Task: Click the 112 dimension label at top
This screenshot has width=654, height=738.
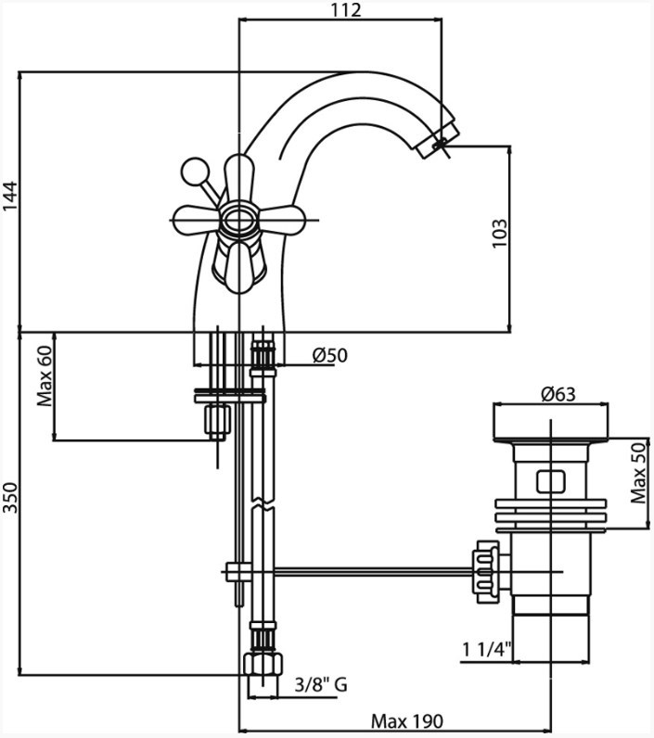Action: tap(345, 10)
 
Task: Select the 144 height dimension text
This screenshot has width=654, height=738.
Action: tap(10, 198)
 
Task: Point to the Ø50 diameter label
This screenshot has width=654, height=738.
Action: tap(329, 354)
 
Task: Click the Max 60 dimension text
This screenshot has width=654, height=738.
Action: tap(45, 377)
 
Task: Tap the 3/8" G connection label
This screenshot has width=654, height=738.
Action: tap(320, 685)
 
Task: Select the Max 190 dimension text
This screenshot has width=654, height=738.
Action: tap(407, 720)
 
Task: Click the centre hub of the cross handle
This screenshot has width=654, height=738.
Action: tap(238, 220)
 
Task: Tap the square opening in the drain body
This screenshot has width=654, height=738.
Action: tap(549, 481)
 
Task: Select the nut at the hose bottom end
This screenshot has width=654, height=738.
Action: tap(263, 666)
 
